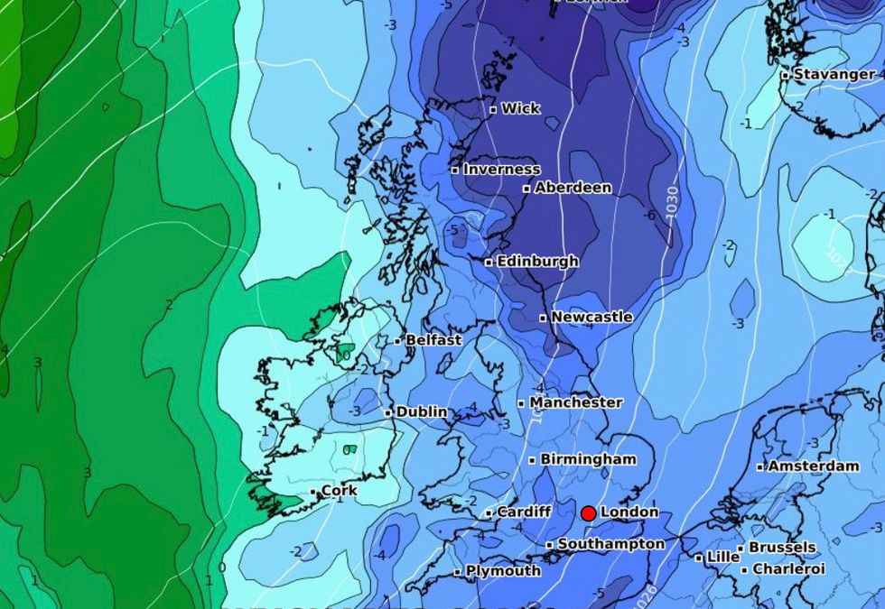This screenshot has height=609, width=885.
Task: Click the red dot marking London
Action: tap(588, 513)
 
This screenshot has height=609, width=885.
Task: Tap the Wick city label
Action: tap(521, 108)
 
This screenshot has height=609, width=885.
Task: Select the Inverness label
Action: tap(501, 169)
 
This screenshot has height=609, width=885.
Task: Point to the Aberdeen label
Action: tap(573, 188)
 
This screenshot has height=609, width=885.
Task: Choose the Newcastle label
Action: tap(592, 317)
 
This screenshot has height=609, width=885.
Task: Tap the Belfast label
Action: tap(433, 340)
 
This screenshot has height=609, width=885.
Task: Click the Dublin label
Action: tap(422, 411)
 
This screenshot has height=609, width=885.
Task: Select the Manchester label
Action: tap(575, 402)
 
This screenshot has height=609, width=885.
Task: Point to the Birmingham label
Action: tap(588, 459)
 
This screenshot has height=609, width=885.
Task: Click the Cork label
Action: tap(339, 491)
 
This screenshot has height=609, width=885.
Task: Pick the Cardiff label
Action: tap(524, 512)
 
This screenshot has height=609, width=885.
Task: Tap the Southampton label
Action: tap(610, 544)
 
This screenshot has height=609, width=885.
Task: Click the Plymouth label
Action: tap(503, 570)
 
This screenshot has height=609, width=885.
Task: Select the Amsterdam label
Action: tap(813, 466)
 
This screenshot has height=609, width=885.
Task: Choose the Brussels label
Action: tap(782, 548)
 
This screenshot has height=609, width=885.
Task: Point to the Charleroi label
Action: tap(788, 569)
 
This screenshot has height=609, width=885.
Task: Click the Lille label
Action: tap(722, 558)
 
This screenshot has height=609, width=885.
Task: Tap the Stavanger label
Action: tap(834, 74)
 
